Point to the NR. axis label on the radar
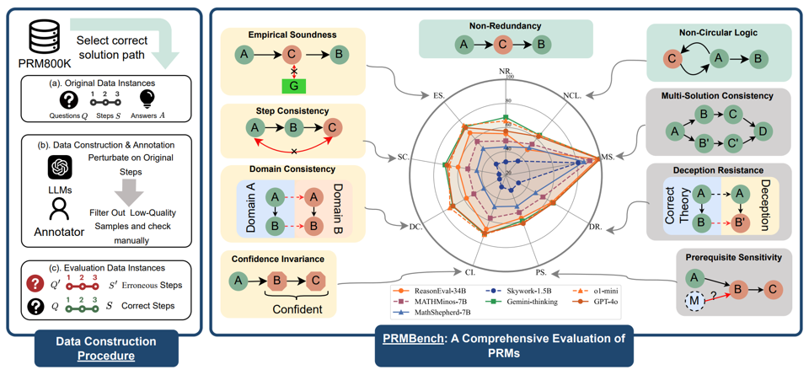505,71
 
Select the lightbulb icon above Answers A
147,99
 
